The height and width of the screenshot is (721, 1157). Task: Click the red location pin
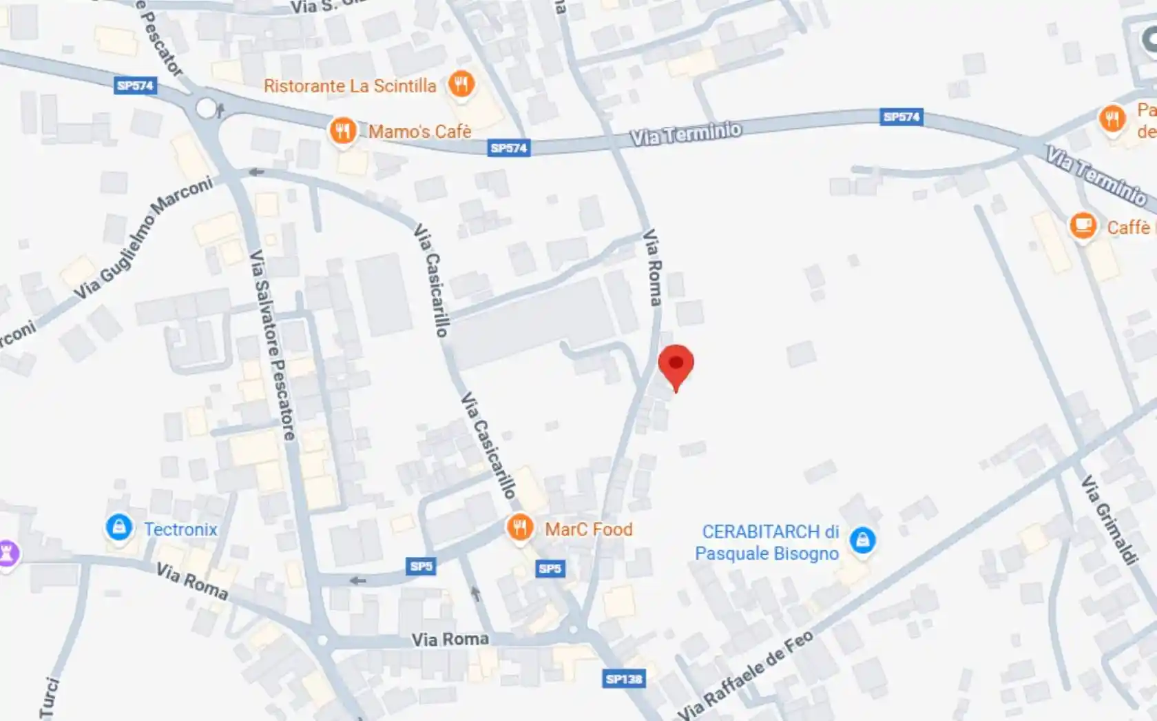point(676,366)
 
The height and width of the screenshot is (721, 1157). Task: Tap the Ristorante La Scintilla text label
point(350,86)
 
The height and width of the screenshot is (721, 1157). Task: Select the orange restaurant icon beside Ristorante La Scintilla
point(461,85)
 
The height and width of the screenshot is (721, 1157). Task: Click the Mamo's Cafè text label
point(419,132)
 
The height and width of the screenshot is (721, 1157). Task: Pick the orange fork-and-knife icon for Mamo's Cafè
point(342,130)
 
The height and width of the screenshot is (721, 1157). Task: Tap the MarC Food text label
point(588,529)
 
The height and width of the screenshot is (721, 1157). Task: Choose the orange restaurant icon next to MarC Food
point(520,528)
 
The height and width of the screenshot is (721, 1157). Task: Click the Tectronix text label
point(180,529)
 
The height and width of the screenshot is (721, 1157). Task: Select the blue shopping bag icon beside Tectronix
point(119,528)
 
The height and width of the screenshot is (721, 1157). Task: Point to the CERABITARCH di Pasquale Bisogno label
point(767,542)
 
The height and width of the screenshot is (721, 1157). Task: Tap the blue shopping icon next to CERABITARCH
point(862,540)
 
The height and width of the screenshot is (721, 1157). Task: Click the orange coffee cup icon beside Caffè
point(1083,225)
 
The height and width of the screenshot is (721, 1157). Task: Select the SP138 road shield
point(623,679)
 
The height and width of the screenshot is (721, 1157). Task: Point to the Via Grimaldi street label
point(1109,520)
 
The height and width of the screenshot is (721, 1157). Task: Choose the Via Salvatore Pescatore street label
point(272,345)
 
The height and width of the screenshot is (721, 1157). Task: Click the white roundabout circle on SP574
point(206,108)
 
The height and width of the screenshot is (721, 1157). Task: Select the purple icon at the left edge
point(7,553)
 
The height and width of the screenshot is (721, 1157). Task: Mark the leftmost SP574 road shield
point(135,85)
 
